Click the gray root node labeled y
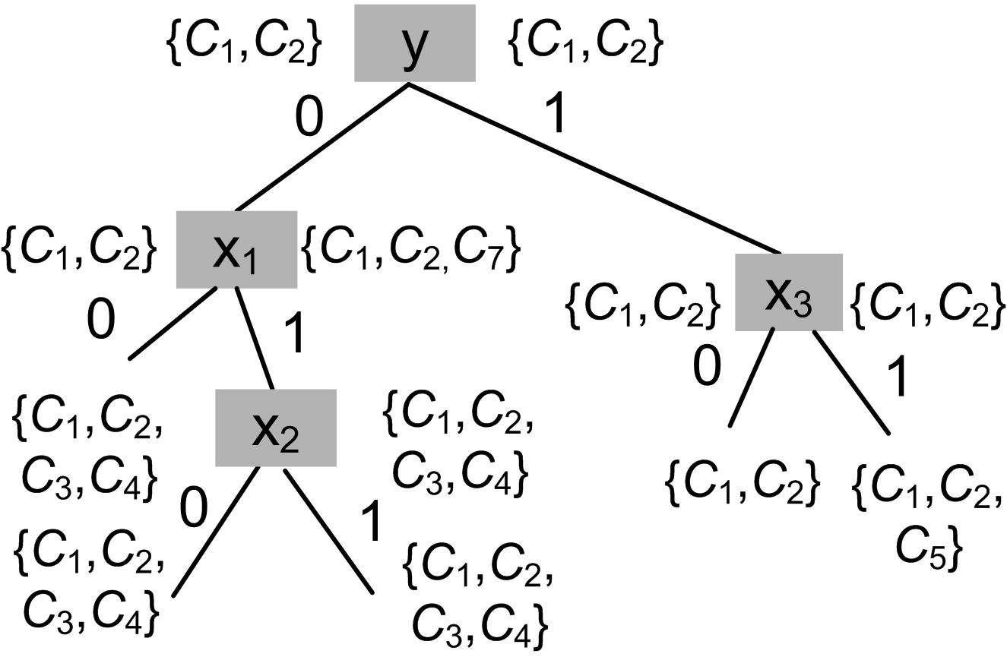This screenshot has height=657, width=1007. click(x=414, y=43)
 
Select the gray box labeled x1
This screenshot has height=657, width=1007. click(x=236, y=250)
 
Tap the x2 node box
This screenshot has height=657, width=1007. click(x=275, y=428)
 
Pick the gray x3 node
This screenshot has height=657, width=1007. click(x=788, y=292)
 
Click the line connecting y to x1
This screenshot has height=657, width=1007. click(x=323, y=147)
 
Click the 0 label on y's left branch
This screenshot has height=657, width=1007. click(x=309, y=117)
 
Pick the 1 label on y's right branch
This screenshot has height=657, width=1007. click(x=557, y=115)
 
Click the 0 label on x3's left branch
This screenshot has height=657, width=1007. click(x=706, y=367)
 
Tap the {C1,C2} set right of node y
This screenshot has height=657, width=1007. click(x=585, y=44)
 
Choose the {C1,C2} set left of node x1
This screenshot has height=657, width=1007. click(x=80, y=248)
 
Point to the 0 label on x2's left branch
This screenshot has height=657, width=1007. click(x=193, y=508)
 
